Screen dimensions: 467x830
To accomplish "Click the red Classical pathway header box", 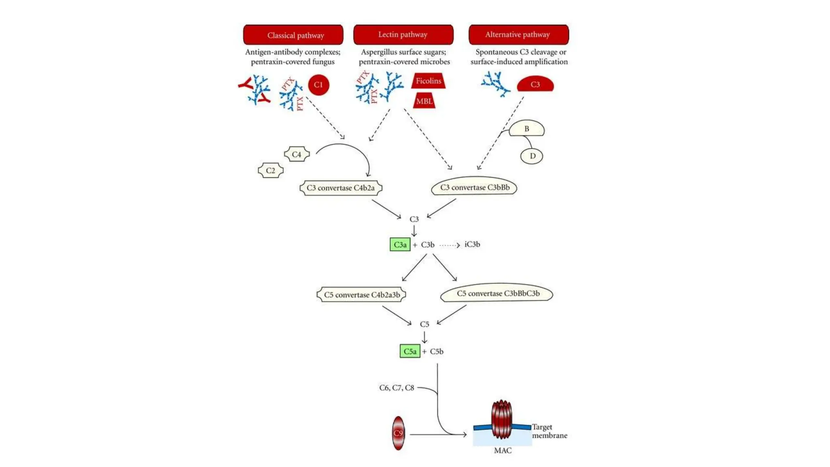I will click(293, 35).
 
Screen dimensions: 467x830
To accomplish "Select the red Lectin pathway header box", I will click(403, 34).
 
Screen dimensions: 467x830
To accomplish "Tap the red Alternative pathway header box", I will click(518, 34).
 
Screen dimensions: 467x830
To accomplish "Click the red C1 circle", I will click(319, 85).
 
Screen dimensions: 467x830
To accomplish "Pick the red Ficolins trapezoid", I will click(428, 81).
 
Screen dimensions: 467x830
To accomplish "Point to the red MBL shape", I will click(424, 101).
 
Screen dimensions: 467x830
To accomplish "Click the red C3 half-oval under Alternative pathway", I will click(535, 84).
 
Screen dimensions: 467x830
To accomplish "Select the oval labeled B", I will click(526, 129).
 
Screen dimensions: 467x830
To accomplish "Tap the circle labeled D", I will click(532, 156).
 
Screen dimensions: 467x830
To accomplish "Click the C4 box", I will click(297, 154).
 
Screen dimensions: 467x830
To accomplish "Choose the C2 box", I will click(271, 171).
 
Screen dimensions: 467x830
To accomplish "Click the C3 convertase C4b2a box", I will click(340, 188).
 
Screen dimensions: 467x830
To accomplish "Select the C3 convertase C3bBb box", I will click(474, 187).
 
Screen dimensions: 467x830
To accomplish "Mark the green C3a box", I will click(400, 244).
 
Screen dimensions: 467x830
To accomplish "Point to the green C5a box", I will click(410, 351).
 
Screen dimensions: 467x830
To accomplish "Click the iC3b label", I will click(472, 244).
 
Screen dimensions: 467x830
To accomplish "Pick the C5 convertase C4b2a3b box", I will click(362, 295).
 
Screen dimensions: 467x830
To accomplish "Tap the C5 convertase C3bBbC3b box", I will click(497, 293).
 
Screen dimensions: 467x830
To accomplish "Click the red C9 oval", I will click(398, 433).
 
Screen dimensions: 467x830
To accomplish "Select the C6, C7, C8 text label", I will click(396, 388).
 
